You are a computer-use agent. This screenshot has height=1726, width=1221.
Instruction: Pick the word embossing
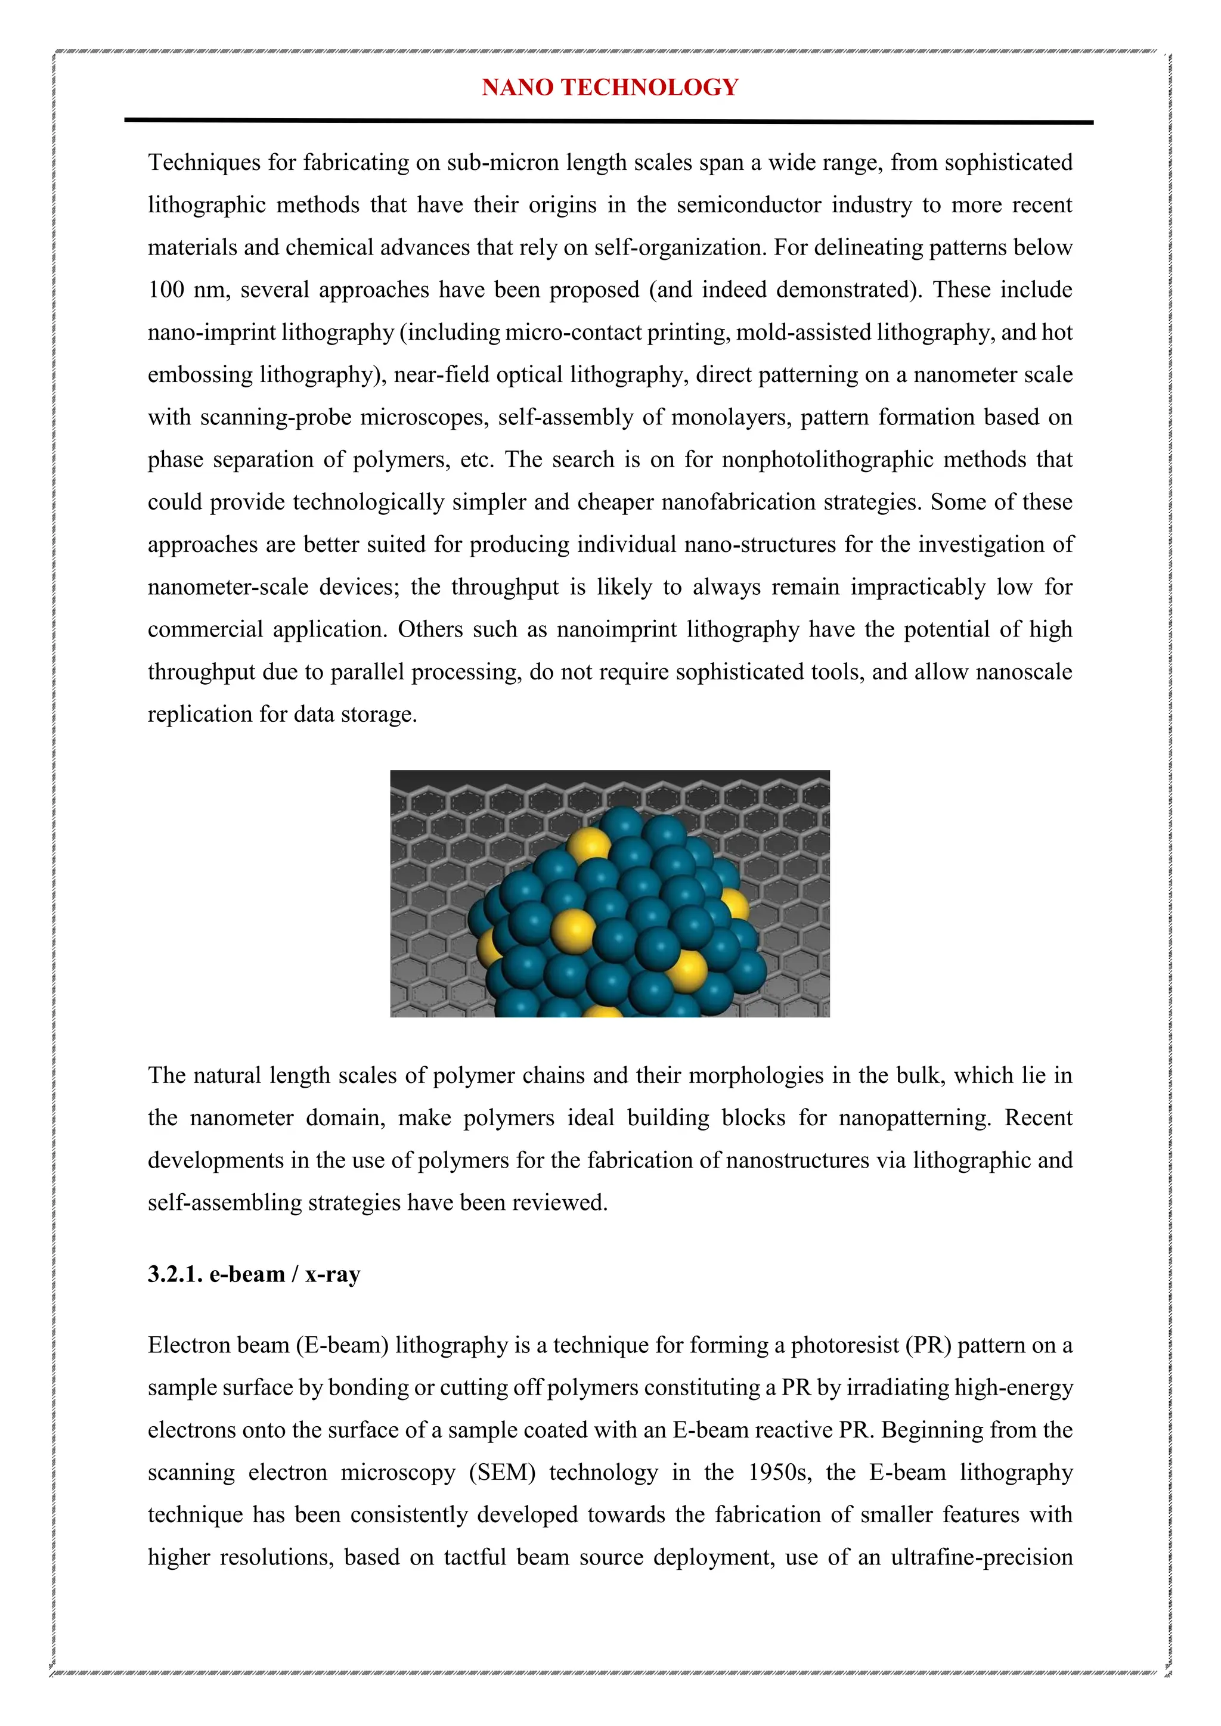point(199,374)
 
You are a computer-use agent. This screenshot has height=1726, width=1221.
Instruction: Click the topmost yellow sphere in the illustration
point(588,844)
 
